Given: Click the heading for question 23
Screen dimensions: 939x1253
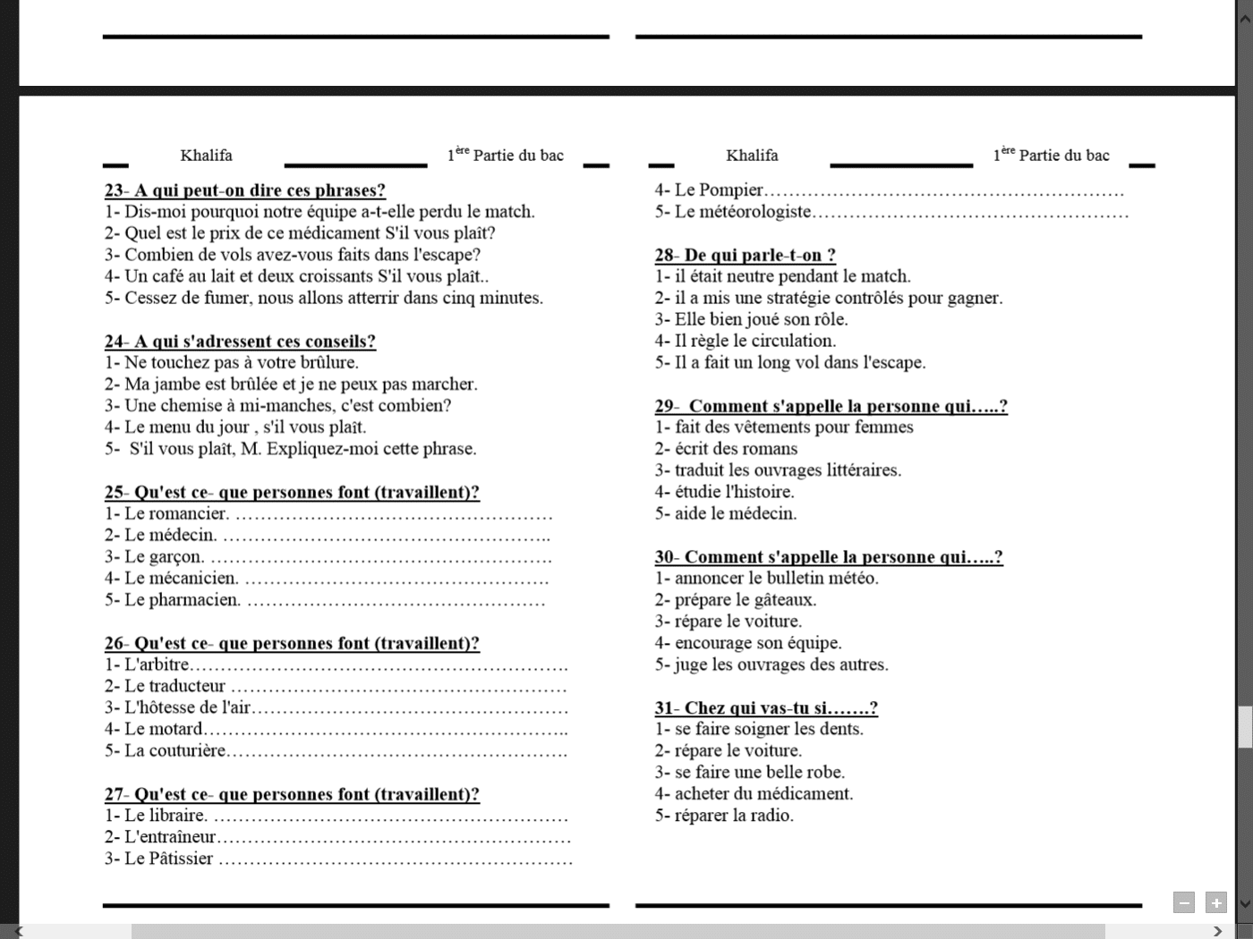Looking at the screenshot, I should [244, 190].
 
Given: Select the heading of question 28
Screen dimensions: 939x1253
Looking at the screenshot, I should [745, 255].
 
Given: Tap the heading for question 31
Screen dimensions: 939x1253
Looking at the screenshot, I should [765, 708].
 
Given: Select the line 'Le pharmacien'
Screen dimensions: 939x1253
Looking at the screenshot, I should [182, 600].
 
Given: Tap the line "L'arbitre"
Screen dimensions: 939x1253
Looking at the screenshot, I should [157, 664].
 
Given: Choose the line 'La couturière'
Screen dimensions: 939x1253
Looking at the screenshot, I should [175, 751].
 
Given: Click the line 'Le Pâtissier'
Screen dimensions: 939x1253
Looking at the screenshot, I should [168, 859].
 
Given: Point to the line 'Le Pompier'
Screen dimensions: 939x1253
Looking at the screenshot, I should [719, 190].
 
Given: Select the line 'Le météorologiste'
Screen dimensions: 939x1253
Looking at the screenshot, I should [742, 212].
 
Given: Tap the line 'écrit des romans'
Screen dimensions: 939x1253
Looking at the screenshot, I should [735, 449].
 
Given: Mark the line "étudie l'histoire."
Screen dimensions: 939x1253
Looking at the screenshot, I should [734, 492].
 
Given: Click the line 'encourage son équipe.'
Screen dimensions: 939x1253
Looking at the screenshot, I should [757, 643].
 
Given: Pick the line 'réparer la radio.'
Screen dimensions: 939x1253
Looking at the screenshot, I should [733, 816].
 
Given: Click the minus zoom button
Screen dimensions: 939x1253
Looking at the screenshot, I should [1183, 902].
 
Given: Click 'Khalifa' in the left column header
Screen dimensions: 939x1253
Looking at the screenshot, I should [206, 156].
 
